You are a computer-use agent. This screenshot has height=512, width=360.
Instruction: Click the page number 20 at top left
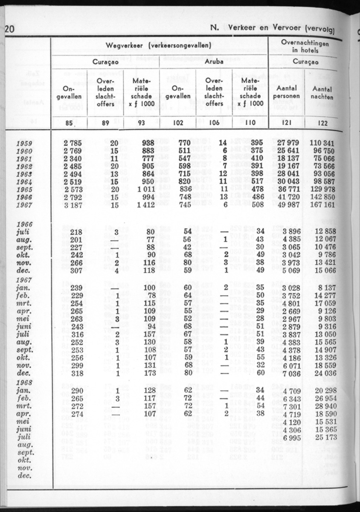9,29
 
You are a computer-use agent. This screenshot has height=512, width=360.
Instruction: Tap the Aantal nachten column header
322,93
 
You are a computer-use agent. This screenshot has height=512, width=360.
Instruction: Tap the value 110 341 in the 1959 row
324,143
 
